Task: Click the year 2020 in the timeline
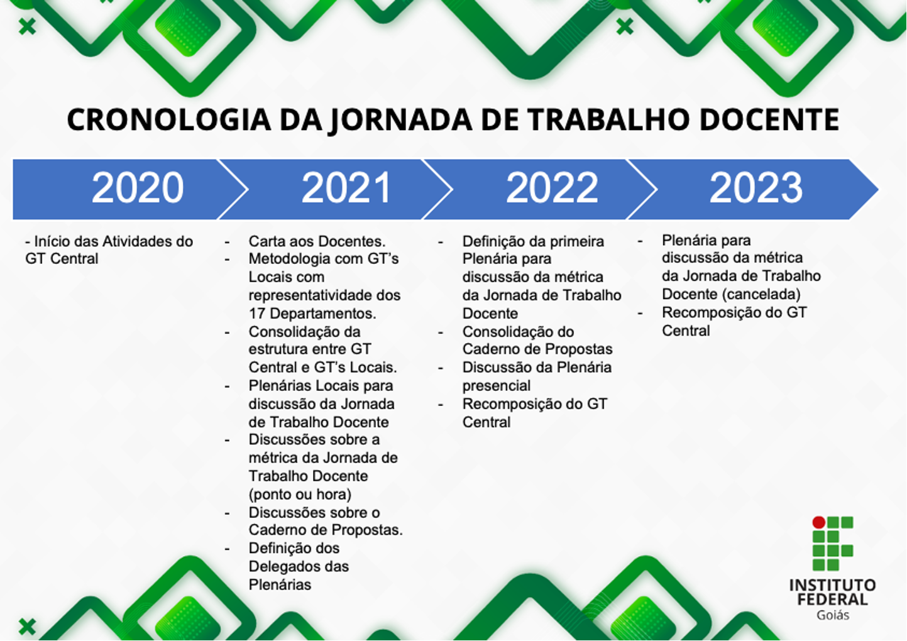click(138, 188)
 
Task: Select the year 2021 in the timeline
click(346, 188)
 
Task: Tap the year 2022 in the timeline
click(552, 188)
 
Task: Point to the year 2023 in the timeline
click(756, 188)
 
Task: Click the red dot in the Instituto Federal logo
click(818, 522)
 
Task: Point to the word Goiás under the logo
click(833, 615)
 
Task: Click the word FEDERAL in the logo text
click(832, 600)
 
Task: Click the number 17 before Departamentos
click(257, 314)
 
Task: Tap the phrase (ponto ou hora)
click(300, 495)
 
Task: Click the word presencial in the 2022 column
click(496, 386)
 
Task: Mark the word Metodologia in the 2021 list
click(289, 259)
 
